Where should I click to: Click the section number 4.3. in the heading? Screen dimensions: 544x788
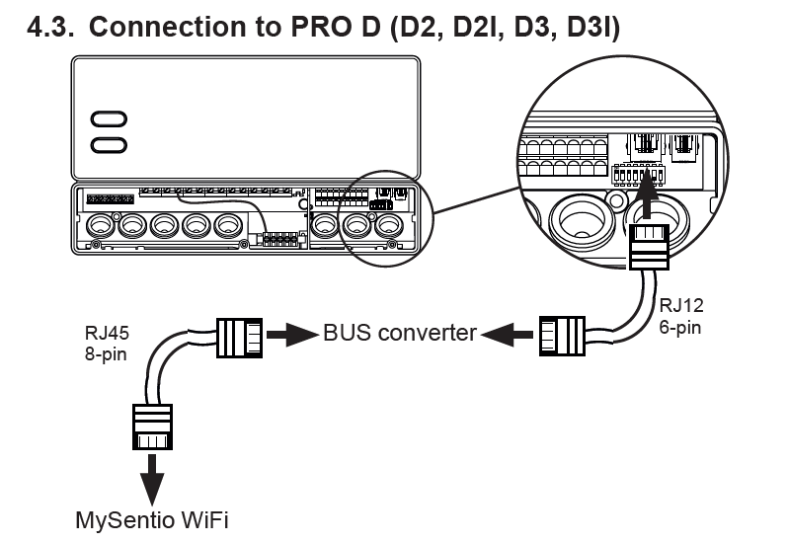coord(50,26)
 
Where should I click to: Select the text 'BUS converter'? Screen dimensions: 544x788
coord(400,333)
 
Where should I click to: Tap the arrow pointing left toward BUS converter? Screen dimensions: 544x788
coord(507,334)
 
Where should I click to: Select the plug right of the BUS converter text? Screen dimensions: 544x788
coord(562,334)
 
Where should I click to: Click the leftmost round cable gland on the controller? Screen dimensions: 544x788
coord(101,226)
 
